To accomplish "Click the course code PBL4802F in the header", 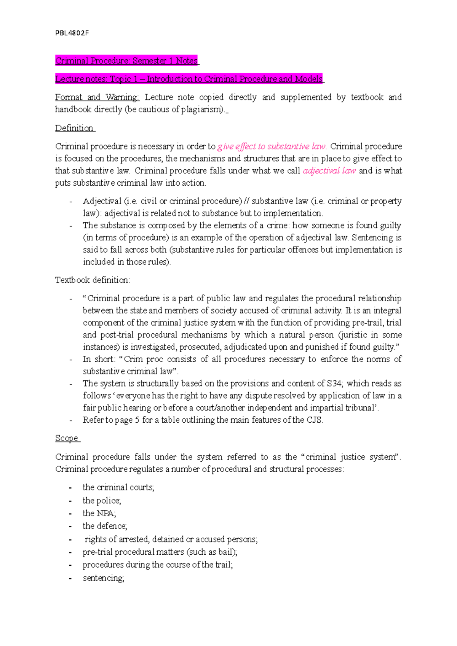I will point(72,33).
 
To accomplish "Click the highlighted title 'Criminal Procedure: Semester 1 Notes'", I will point(126,61).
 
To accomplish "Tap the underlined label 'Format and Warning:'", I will point(97,97).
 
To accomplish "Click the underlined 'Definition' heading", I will point(74,128).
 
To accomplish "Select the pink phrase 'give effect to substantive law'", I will point(272,146).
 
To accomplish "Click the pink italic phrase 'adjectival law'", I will point(329,171).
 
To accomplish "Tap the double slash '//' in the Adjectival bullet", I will point(247,201).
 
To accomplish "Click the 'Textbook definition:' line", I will point(93,280).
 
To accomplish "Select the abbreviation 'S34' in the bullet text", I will point(334,383).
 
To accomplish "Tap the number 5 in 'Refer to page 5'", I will point(137,420).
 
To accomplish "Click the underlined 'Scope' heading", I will point(67,438).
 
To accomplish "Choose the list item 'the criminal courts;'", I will point(118,487).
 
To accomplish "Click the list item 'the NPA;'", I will point(99,513).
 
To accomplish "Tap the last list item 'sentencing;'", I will point(103,578).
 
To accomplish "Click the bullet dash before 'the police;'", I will point(70,501).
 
